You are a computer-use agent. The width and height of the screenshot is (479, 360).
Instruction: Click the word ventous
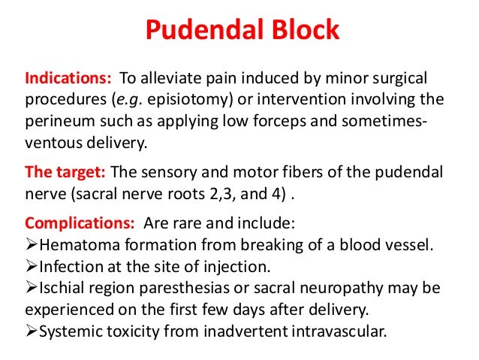(50, 139)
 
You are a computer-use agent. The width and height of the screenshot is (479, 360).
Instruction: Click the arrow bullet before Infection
(31, 265)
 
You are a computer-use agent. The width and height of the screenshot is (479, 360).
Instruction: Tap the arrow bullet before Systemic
(31, 328)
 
